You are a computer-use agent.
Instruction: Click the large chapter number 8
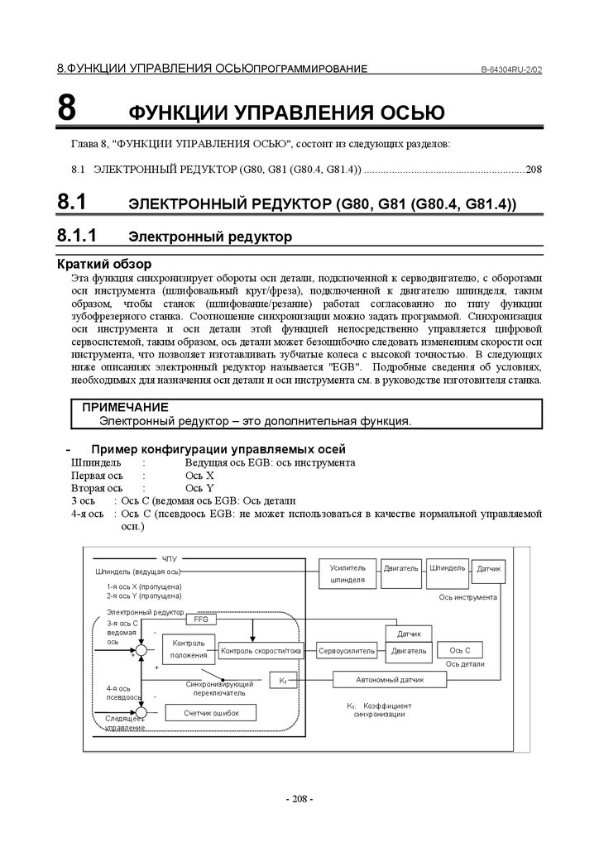(67, 108)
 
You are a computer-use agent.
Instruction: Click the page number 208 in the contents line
(533, 170)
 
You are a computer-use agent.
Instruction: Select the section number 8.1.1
(78, 236)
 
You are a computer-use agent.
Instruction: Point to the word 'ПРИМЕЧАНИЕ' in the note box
(125, 407)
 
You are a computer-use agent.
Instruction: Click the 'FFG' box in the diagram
(200, 619)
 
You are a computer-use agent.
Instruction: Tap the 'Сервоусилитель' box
(347, 651)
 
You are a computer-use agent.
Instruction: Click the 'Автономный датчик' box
(390, 680)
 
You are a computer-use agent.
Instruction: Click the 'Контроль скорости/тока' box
(261, 651)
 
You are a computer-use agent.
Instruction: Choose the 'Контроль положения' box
(189, 649)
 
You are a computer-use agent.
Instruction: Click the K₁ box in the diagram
(282, 680)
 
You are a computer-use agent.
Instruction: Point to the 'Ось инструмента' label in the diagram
(467, 596)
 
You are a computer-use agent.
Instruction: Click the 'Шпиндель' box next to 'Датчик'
(447, 568)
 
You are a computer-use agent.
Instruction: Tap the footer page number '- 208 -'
(299, 799)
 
